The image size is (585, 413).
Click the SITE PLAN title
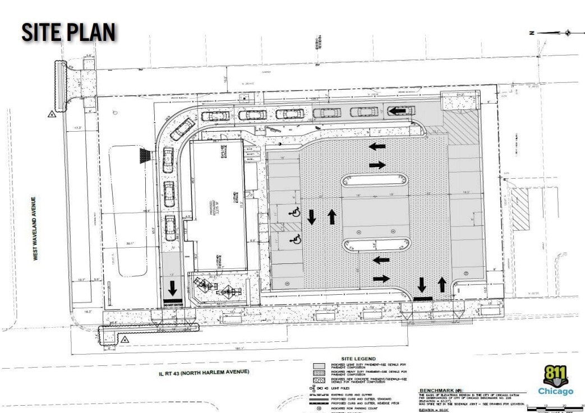68,32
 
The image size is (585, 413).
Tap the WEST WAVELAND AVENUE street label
34,228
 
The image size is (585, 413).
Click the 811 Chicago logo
555,379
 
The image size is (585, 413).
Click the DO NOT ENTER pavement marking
172,304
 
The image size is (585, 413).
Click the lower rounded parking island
376,244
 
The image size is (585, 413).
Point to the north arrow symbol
568,33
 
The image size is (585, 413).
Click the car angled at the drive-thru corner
183,129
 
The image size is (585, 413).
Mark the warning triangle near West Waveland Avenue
52,113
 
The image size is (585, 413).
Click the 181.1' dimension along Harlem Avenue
287,348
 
